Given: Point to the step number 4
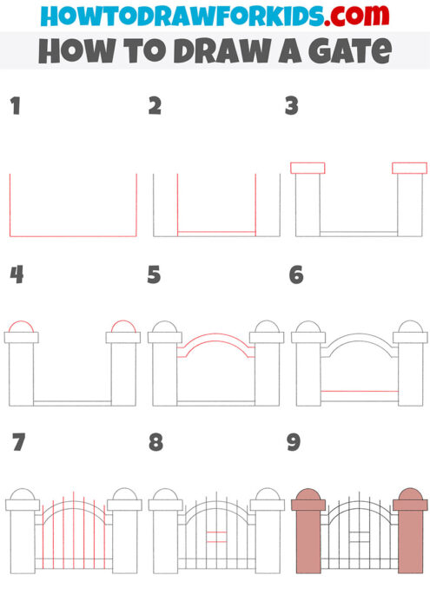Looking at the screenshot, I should (16, 275).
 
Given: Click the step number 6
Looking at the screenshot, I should (295, 275).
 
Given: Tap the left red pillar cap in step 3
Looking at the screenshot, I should (308, 168).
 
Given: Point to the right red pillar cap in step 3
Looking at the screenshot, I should (409, 168).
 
